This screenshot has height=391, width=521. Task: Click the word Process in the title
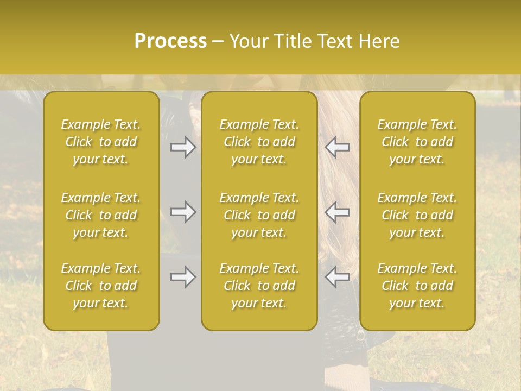[170, 41]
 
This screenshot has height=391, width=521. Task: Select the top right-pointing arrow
[183, 147]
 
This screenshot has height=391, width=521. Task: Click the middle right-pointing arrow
[183, 212]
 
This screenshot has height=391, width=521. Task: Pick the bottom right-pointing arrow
[183, 277]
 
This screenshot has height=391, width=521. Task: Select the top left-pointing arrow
[337, 147]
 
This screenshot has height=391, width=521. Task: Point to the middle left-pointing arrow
[337, 212]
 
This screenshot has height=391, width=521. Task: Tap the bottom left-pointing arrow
[337, 277]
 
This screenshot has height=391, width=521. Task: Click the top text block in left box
[101, 142]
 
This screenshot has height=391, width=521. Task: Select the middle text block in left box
[101, 215]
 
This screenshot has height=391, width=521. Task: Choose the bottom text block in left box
[101, 286]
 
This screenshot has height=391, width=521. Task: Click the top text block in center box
[259, 142]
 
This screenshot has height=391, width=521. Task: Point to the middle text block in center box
[259, 215]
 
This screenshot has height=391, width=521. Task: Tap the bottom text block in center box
[259, 286]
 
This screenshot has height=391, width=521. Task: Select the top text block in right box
[417, 142]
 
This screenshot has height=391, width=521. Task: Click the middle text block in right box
[417, 215]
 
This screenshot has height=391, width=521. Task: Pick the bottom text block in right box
[417, 286]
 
